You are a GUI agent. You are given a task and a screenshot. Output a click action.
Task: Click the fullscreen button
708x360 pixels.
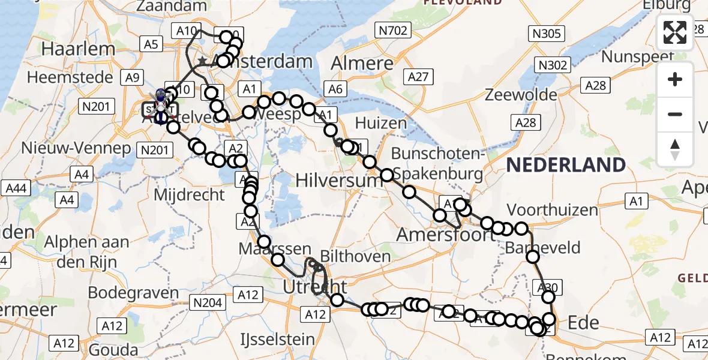pyautogui.click(x=675, y=32)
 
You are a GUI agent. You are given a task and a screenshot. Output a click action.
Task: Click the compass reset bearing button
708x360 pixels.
pyautogui.click(x=675, y=149)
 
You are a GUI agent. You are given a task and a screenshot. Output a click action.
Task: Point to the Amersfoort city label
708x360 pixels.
pyautogui.click(x=447, y=234)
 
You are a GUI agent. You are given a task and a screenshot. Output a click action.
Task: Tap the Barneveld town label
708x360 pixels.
pyautogui.click(x=543, y=247)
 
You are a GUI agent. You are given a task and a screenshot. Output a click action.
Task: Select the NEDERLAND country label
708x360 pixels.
pyautogui.click(x=566, y=165)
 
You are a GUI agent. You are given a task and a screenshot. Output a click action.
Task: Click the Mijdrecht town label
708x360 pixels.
pyautogui.click(x=190, y=194)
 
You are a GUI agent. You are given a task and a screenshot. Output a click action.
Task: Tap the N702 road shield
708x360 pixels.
pyautogui.click(x=393, y=30)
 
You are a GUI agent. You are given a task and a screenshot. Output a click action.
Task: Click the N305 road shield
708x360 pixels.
pyautogui.click(x=546, y=34)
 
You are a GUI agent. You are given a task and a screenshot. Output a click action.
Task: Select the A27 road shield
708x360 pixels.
pyautogui.click(x=418, y=76)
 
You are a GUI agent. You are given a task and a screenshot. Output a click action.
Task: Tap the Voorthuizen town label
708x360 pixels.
pyautogui.click(x=553, y=210)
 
